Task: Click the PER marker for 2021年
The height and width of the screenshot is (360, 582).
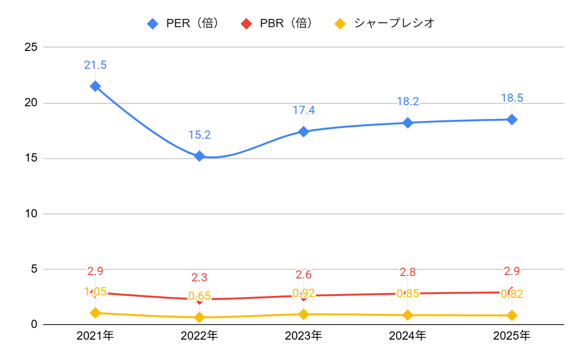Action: tap(95, 86)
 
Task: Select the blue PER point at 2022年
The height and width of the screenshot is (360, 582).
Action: tap(199, 156)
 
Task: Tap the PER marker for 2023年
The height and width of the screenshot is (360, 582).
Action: tap(304, 131)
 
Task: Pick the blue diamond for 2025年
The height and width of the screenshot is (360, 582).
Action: tap(512, 119)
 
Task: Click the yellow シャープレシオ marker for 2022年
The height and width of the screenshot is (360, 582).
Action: tap(199, 317)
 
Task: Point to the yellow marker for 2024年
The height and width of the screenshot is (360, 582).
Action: tap(407, 315)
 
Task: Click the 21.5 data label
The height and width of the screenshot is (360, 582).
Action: tap(95, 65)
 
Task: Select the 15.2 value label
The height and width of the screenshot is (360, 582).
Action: tap(199, 135)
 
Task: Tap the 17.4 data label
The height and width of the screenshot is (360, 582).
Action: tap(304, 110)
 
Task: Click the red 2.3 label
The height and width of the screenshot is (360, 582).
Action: tap(199, 278)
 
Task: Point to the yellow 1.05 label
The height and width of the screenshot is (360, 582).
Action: tap(96, 292)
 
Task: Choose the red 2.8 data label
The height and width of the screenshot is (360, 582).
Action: tap(407, 272)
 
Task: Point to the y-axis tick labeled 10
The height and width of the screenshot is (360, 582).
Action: tap(31, 214)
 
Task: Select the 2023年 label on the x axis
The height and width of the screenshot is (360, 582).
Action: tap(304, 335)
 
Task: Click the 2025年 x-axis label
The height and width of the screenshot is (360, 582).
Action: tap(512, 335)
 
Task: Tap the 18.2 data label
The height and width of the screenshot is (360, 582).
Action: tap(407, 101)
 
